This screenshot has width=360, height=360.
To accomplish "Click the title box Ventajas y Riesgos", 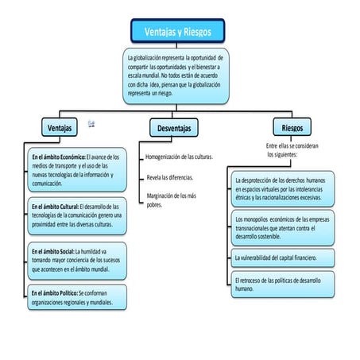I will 178,31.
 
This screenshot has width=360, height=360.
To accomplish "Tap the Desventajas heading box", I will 173,127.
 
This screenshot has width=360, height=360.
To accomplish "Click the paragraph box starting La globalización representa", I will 177,76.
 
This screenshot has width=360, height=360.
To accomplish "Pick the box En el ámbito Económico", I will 75,169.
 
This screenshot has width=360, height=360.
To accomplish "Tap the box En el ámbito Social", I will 75,261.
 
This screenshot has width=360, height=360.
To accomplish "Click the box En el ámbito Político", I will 75,298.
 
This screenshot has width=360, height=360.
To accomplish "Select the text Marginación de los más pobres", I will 170,199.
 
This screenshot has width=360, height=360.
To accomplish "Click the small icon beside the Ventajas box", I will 92,123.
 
